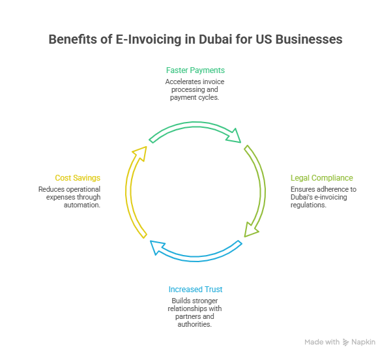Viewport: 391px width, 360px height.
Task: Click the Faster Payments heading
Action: (195, 70)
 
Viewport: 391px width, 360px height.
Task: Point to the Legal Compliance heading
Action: (322, 177)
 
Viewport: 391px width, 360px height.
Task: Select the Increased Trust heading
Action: (195, 289)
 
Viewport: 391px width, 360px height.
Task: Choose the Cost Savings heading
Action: (78, 177)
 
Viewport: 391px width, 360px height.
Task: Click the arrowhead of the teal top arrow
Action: (235, 136)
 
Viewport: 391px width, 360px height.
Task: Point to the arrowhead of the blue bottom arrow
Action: (156, 247)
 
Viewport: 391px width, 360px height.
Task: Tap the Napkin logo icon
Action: (345, 342)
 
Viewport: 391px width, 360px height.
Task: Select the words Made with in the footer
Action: (322, 342)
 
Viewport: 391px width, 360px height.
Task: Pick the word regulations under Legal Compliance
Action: (308, 205)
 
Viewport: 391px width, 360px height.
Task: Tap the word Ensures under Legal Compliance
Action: (302, 189)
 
